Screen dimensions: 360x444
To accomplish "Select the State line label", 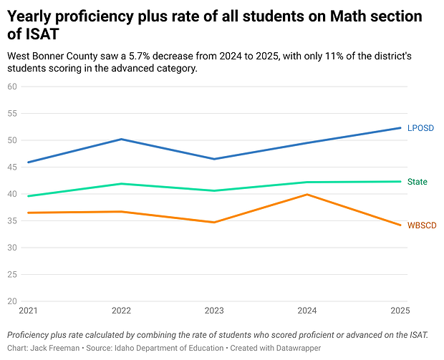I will (417, 182).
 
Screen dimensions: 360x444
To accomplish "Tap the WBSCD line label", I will (421, 225).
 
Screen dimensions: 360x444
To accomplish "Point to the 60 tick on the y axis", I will (12, 87).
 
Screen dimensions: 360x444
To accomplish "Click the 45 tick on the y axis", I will (12, 167).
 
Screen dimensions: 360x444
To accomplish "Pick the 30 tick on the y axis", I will (12, 248).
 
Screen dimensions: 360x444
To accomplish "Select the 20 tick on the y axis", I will (12, 301).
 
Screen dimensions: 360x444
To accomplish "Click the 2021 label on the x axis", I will (29, 311).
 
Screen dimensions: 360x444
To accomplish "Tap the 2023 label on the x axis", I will (213, 311).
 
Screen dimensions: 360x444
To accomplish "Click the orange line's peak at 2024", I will (307, 195).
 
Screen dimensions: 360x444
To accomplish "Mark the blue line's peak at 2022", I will (121, 139).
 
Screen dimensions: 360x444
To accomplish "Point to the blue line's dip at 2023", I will (214, 159).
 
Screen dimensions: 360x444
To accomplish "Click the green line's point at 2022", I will (121, 184).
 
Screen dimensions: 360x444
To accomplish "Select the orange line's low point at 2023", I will (214, 222).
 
